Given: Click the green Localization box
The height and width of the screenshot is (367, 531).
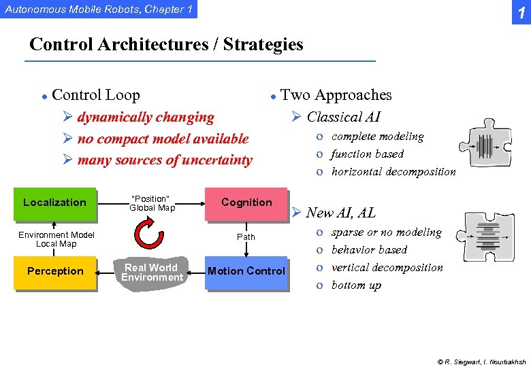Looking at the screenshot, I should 54,203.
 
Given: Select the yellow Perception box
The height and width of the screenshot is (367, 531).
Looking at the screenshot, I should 54,271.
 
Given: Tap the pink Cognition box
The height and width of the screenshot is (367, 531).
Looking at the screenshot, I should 246,203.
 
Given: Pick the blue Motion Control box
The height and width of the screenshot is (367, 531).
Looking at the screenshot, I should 246,271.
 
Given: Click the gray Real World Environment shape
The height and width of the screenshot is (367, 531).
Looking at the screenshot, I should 152,273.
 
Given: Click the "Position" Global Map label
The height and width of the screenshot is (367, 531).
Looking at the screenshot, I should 152,203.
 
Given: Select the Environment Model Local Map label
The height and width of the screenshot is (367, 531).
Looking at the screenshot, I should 56,239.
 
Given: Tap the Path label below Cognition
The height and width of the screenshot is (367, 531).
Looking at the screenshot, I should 246,237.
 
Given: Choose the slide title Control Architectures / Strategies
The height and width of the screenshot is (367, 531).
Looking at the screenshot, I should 166,45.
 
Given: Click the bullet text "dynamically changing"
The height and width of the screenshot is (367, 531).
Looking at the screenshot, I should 146,117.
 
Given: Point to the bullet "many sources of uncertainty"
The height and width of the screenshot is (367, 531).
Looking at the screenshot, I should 164,160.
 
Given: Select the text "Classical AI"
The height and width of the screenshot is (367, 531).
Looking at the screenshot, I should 343,117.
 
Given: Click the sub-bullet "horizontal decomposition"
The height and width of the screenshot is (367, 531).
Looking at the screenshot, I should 393,171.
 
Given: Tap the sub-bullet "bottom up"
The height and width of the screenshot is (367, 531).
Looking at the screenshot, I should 356,285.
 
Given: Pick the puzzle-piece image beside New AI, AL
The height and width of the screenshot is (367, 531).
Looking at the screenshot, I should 488,240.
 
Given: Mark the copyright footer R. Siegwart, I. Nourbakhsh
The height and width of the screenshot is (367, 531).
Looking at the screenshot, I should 481,362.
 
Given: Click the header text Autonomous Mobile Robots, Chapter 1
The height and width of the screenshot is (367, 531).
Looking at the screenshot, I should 99,9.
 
